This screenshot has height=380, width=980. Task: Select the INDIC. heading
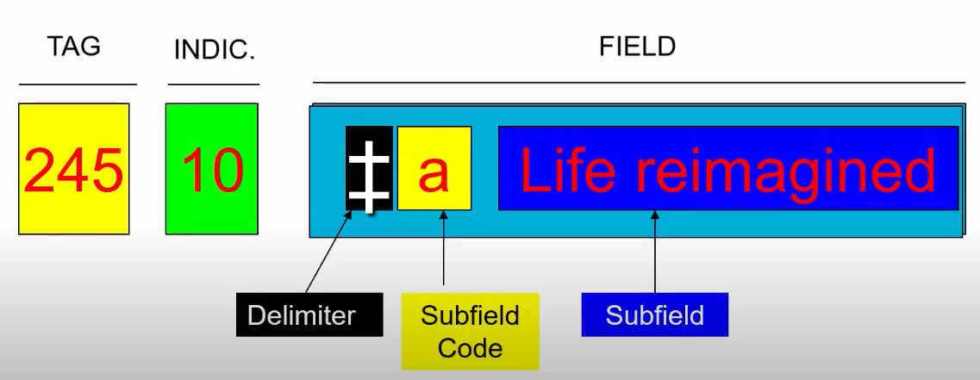tap(214, 49)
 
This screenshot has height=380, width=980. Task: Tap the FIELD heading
tap(637, 46)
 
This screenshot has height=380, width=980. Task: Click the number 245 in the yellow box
tap(73, 170)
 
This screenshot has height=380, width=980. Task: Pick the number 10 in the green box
tap(212, 170)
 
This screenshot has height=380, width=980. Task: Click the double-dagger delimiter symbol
tap(369, 170)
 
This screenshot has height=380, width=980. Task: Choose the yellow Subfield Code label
tap(470, 331)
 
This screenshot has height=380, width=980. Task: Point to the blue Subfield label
tap(654, 315)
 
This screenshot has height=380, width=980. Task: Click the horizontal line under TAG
tap(78, 84)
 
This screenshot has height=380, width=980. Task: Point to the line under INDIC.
tap(214, 84)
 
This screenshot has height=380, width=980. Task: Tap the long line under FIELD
tap(638, 83)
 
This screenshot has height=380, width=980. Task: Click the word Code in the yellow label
tap(470, 347)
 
